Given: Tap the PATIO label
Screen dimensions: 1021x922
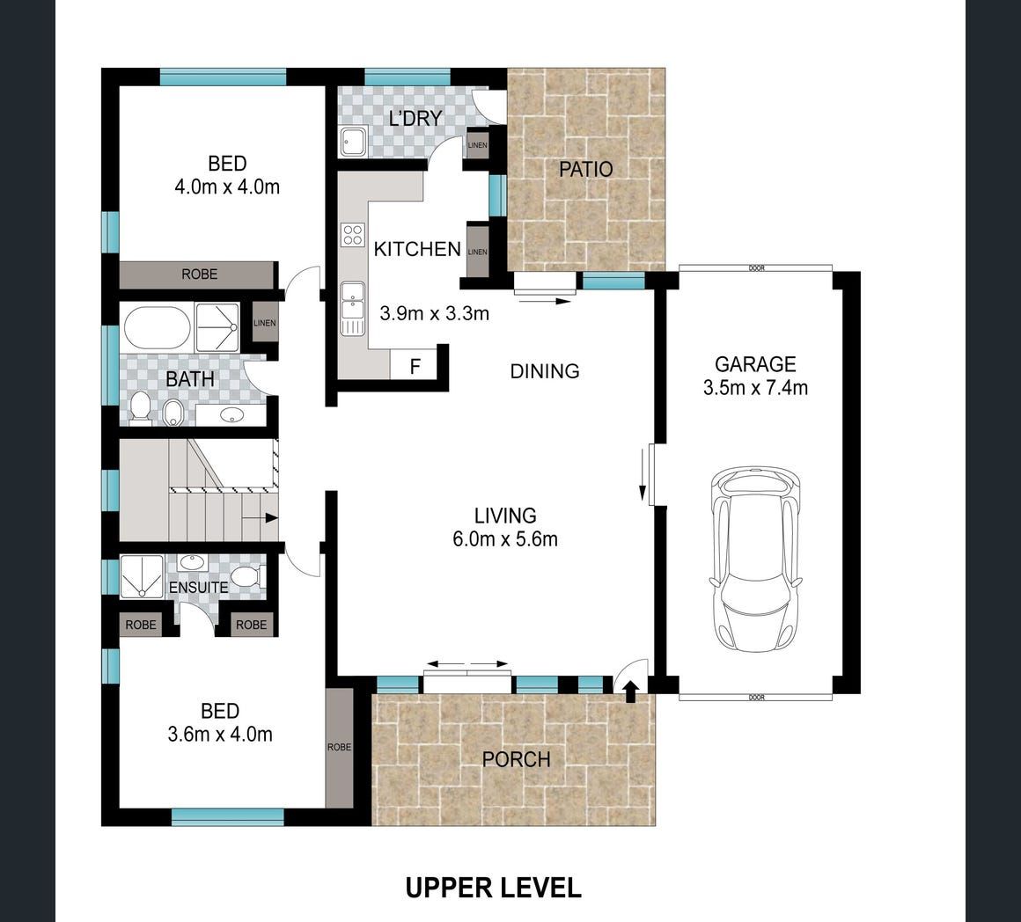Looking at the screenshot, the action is pyautogui.click(x=586, y=169).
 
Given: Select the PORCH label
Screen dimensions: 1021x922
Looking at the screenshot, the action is pyautogui.click(x=517, y=759).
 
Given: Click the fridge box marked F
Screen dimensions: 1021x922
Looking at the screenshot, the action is pyautogui.click(x=415, y=366).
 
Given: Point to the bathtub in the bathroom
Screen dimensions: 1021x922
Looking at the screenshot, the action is pyautogui.click(x=157, y=328).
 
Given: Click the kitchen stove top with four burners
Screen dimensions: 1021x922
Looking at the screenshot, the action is pyautogui.click(x=353, y=235).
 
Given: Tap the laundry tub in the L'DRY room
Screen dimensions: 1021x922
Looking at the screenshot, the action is pyautogui.click(x=354, y=142).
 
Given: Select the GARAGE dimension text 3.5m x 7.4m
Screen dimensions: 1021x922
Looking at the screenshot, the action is pyautogui.click(x=755, y=388).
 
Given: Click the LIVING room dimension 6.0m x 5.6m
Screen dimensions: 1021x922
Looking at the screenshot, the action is pyautogui.click(x=505, y=539).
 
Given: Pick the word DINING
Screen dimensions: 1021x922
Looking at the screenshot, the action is pyautogui.click(x=544, y=371).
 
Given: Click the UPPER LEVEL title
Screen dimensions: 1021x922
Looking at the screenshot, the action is pyautogui.click(x=494, y=888).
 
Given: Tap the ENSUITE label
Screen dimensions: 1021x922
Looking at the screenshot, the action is pyautogui.click(x=199, y=587).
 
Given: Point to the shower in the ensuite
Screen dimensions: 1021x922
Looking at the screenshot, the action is pyautogui.click(x=142, y=576).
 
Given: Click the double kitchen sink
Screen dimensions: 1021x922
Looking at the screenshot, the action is pyautogui.click(x=353, y=309).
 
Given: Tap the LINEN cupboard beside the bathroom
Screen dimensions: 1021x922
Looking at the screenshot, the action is pyautogui.click(x=265, y=323).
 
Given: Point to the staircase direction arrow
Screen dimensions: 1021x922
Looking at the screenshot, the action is pyautogui.click(x=261, y=518).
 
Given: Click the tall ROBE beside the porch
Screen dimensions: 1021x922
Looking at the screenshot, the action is pyautogui.click(x=339, y=747).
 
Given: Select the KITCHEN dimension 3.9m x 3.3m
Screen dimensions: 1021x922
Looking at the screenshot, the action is pyautogui.click(x=434, y=313).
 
